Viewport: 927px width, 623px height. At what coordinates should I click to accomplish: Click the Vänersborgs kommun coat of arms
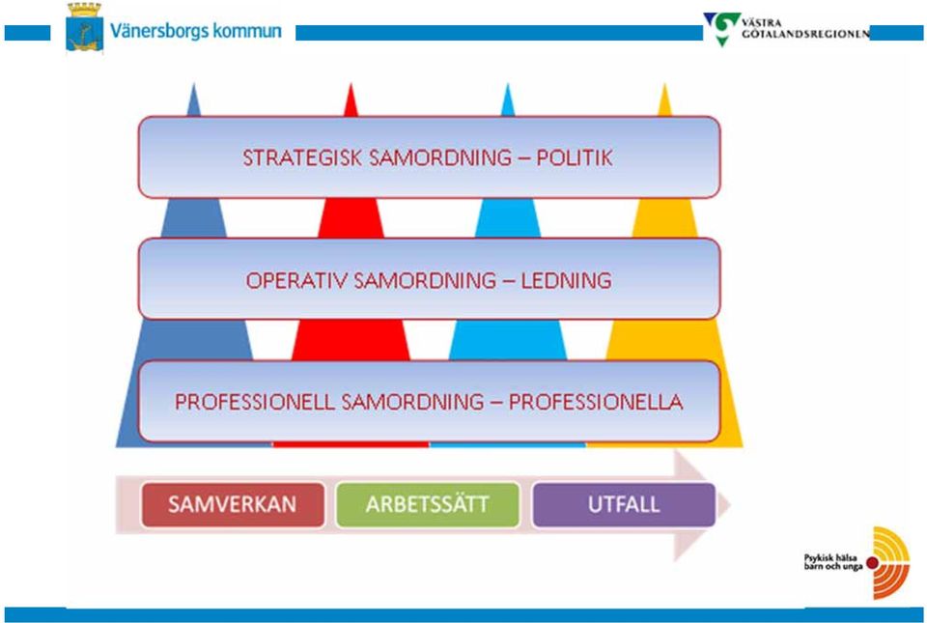84,27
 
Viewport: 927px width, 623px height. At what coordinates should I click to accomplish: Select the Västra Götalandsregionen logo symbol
722,28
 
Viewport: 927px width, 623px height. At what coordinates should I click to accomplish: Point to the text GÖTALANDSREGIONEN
805,34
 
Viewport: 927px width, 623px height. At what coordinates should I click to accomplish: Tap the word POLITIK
574,157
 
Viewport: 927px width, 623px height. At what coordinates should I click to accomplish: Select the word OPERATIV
296,280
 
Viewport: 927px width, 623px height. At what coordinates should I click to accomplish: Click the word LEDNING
566,280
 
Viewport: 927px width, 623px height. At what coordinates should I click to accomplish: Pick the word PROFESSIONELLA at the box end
596,402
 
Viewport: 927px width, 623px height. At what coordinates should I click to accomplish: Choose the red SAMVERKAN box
233,505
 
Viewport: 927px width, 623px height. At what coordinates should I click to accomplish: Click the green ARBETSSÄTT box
428,505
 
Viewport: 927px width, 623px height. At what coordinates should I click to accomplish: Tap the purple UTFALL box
624,505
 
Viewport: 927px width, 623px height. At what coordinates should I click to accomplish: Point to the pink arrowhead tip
730,505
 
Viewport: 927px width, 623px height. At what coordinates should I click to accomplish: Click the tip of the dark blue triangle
193,84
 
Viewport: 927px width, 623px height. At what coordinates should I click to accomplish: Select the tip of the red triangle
351,84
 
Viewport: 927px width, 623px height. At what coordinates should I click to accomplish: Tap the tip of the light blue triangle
508,84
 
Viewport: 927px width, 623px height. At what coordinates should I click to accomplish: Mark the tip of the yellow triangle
665,84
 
